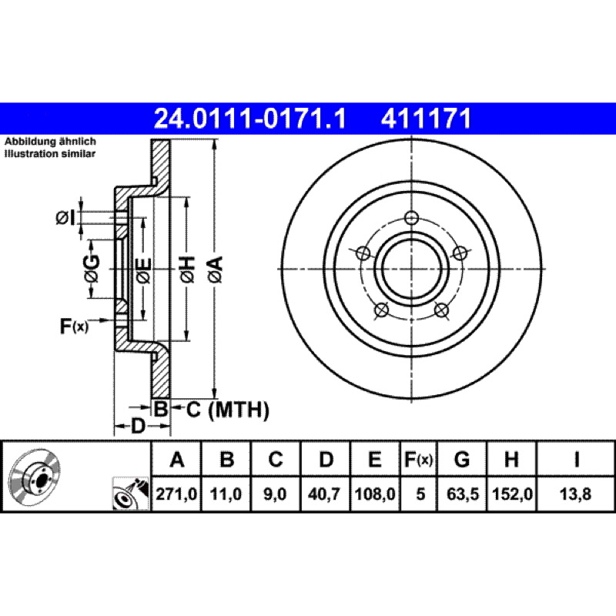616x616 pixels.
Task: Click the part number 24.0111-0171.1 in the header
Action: pos(250,119)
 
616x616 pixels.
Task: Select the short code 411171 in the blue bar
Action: pos(426,119)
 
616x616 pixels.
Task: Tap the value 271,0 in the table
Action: pos(176,494)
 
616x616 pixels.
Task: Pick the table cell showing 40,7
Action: pos(324,494)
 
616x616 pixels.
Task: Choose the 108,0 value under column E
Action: pos(375,494)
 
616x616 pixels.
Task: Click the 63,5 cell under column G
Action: pos(463,494)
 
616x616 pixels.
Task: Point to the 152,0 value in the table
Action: pos(512,494)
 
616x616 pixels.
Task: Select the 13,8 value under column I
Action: pos(575,494)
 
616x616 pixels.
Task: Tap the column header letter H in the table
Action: pos(511,459)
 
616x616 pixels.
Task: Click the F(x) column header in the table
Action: pos(418,459)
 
